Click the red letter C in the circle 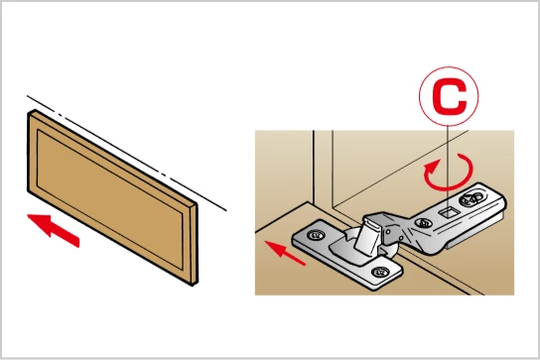pos(449,97)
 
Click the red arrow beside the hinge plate pos(285,252)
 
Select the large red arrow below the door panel pos(53,228)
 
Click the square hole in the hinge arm pos(449,212)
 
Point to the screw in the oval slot pos(472,199)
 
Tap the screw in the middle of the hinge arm pos(423,223)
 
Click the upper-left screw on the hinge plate pos(315,235)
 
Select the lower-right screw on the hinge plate pos(380,272)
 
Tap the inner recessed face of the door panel pos(109,195)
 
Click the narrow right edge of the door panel pos(195,244)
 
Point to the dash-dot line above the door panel pos(127,153)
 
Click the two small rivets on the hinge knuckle pos(394,234)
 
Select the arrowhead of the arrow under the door pos(39,222)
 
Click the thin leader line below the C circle pos(447,162)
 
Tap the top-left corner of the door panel pos(28,114)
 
